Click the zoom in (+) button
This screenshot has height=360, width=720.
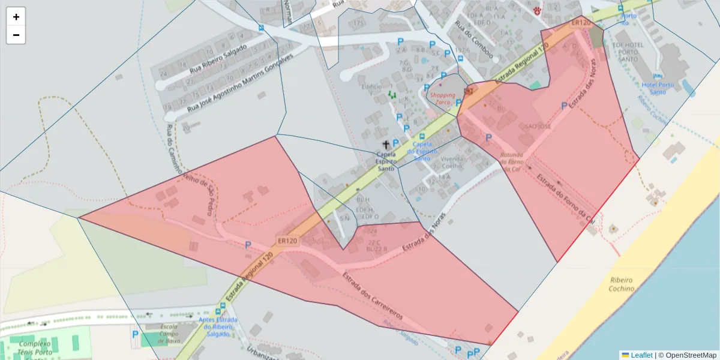pos(16,17)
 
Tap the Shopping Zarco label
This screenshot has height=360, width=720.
pos(442,99)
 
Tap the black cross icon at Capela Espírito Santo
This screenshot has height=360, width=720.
pos(386,145)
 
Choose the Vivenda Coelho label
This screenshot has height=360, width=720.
pos(453,163)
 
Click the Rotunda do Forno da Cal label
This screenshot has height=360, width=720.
pos(511,162)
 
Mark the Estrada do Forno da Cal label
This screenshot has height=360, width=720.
pos(565,197)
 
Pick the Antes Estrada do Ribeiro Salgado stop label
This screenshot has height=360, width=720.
pos(218,327)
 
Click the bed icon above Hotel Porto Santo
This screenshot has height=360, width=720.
pos(658,77)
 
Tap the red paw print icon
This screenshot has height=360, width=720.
pos(537,10)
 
